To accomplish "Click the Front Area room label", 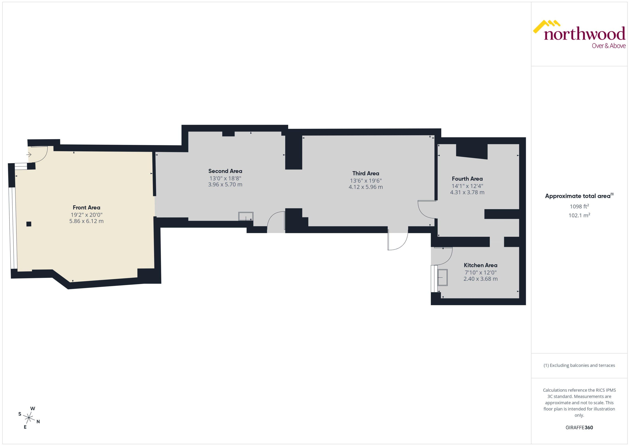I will point(86,208).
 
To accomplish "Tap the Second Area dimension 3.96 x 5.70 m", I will point(225,185).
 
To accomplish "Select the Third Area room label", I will point(366,173).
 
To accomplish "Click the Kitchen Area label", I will point(480,265).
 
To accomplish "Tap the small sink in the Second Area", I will point(246,216).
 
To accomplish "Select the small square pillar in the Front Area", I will point(29,224).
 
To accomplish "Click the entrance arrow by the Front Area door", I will point(29,155).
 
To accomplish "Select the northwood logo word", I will point(584,34).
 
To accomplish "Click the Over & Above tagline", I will point(609,46).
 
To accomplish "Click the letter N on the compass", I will point(38,422).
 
